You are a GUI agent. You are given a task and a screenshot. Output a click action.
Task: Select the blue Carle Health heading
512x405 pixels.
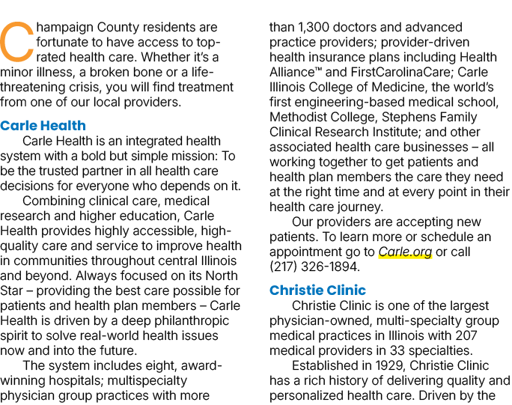pos(43,126)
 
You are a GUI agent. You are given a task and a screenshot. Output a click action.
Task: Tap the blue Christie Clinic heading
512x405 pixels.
pos(317,290)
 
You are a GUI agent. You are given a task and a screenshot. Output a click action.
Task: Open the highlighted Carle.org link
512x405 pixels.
pos(405,252)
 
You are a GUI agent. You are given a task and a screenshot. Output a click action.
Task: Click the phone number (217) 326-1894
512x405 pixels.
pos(314,267)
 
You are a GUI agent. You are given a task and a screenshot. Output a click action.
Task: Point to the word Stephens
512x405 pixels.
pos(407,117)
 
